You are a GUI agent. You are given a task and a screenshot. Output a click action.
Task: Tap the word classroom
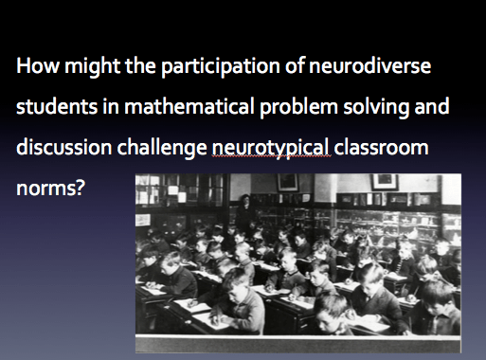pyautogui.click(x=385, y=150)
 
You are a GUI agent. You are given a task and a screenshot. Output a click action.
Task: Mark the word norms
pyautogui.click(x=49, y=189)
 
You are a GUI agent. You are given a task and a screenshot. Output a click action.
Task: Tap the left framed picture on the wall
pyautogui.click(x=286, y=183)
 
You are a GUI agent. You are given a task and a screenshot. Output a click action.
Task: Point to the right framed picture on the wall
pyautogui.click(x=384, y=181)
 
